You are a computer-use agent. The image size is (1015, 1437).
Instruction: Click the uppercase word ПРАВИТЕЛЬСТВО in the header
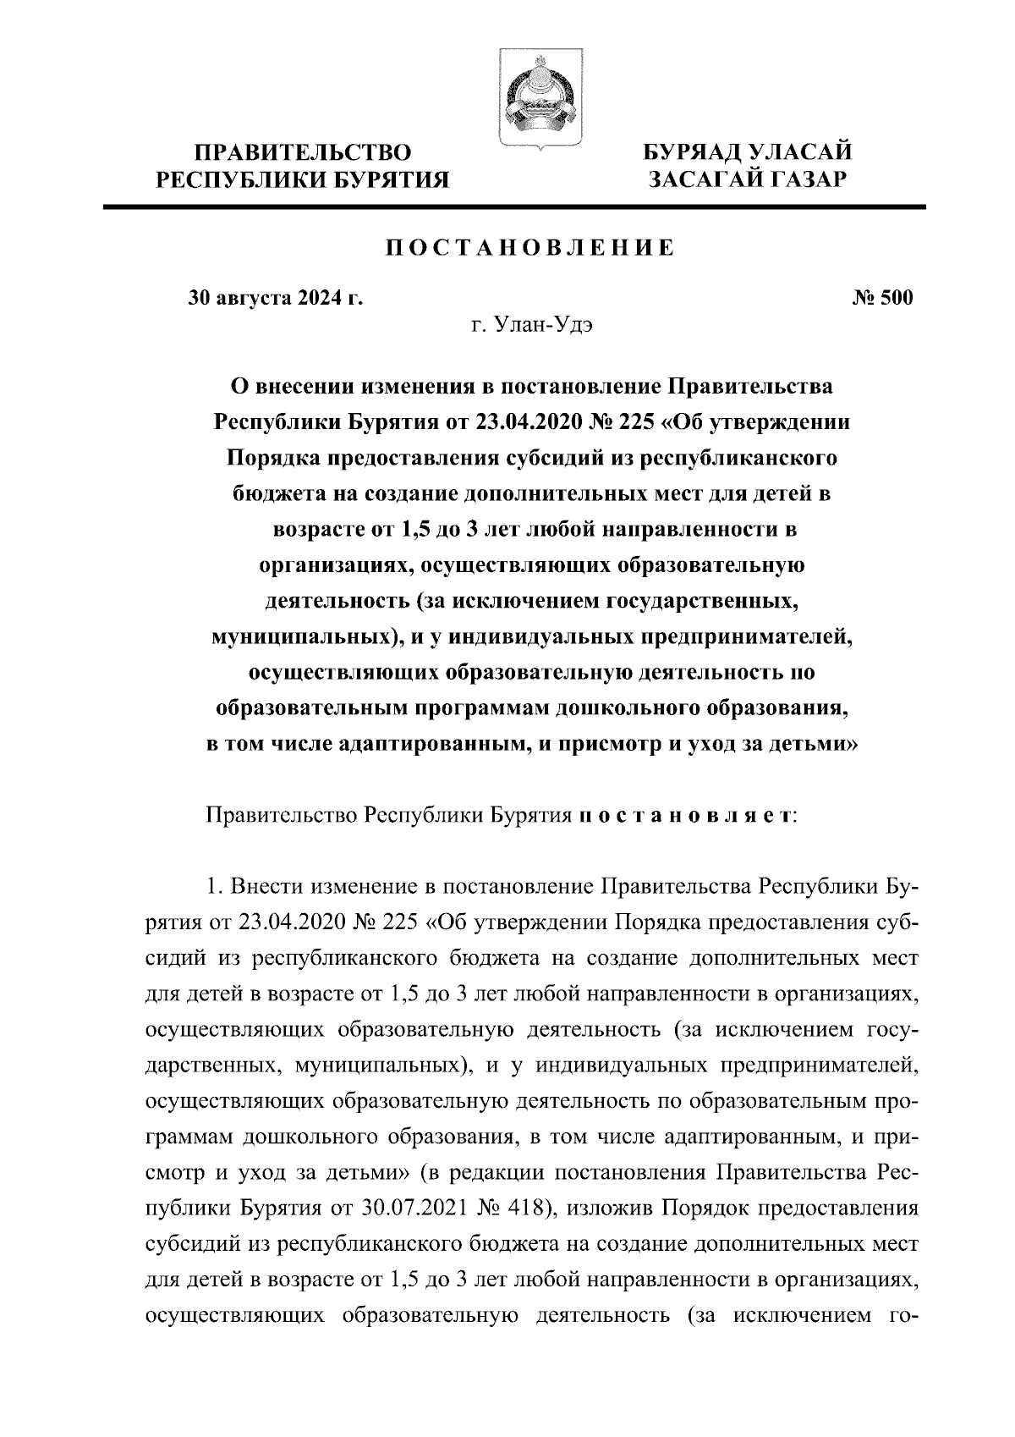pyautogui.click(x=304, y=153)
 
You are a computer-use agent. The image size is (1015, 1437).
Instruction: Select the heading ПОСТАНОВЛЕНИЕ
pyautogui.click(x=530, y=248)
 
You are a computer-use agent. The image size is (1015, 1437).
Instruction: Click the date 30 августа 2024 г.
pyautogui.click(x=275, y=298)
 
